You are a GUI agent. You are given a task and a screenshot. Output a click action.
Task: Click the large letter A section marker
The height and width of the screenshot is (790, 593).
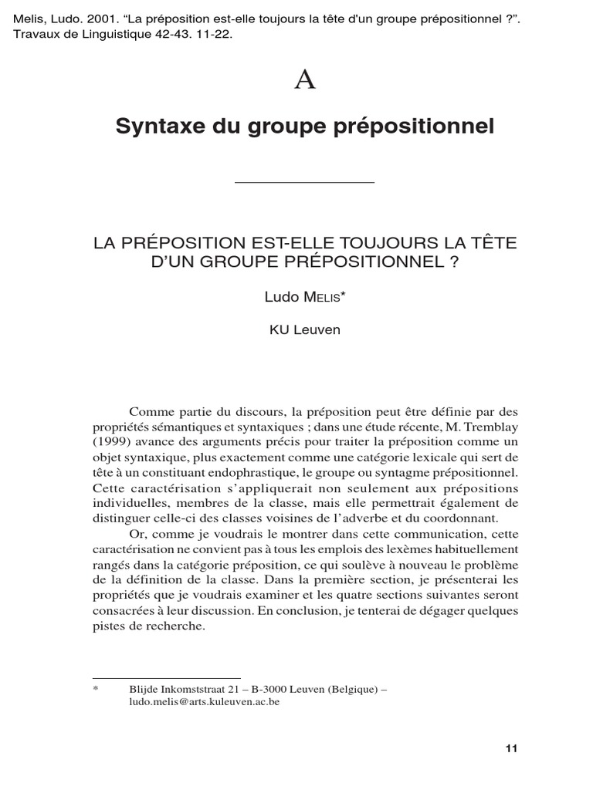306,80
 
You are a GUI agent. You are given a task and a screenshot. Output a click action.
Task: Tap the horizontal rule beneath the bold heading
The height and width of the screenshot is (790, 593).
303,182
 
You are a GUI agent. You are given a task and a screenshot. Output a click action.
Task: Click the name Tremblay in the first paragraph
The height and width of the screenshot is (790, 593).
492,427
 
